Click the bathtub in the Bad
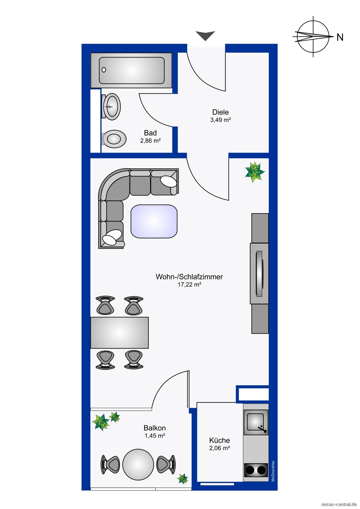(x=131, y=70)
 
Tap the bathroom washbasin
(x=111, y=107)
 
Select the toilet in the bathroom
(x=114, y=139)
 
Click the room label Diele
(x=220, y=112)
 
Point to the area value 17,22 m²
(x=189, y=284)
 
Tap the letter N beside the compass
(x=340, y=37)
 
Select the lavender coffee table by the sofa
(x=154, y=221)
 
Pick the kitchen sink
(x=256, y=422)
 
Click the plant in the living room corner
(x=254, y=172)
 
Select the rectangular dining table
(x=119, y=333)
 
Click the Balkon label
(x=155, y=428)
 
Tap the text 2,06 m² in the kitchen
(x=219, y=448)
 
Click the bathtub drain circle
(x=104, y=70)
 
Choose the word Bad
(x=150, y=133)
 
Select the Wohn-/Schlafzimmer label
(x=189, y=277)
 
